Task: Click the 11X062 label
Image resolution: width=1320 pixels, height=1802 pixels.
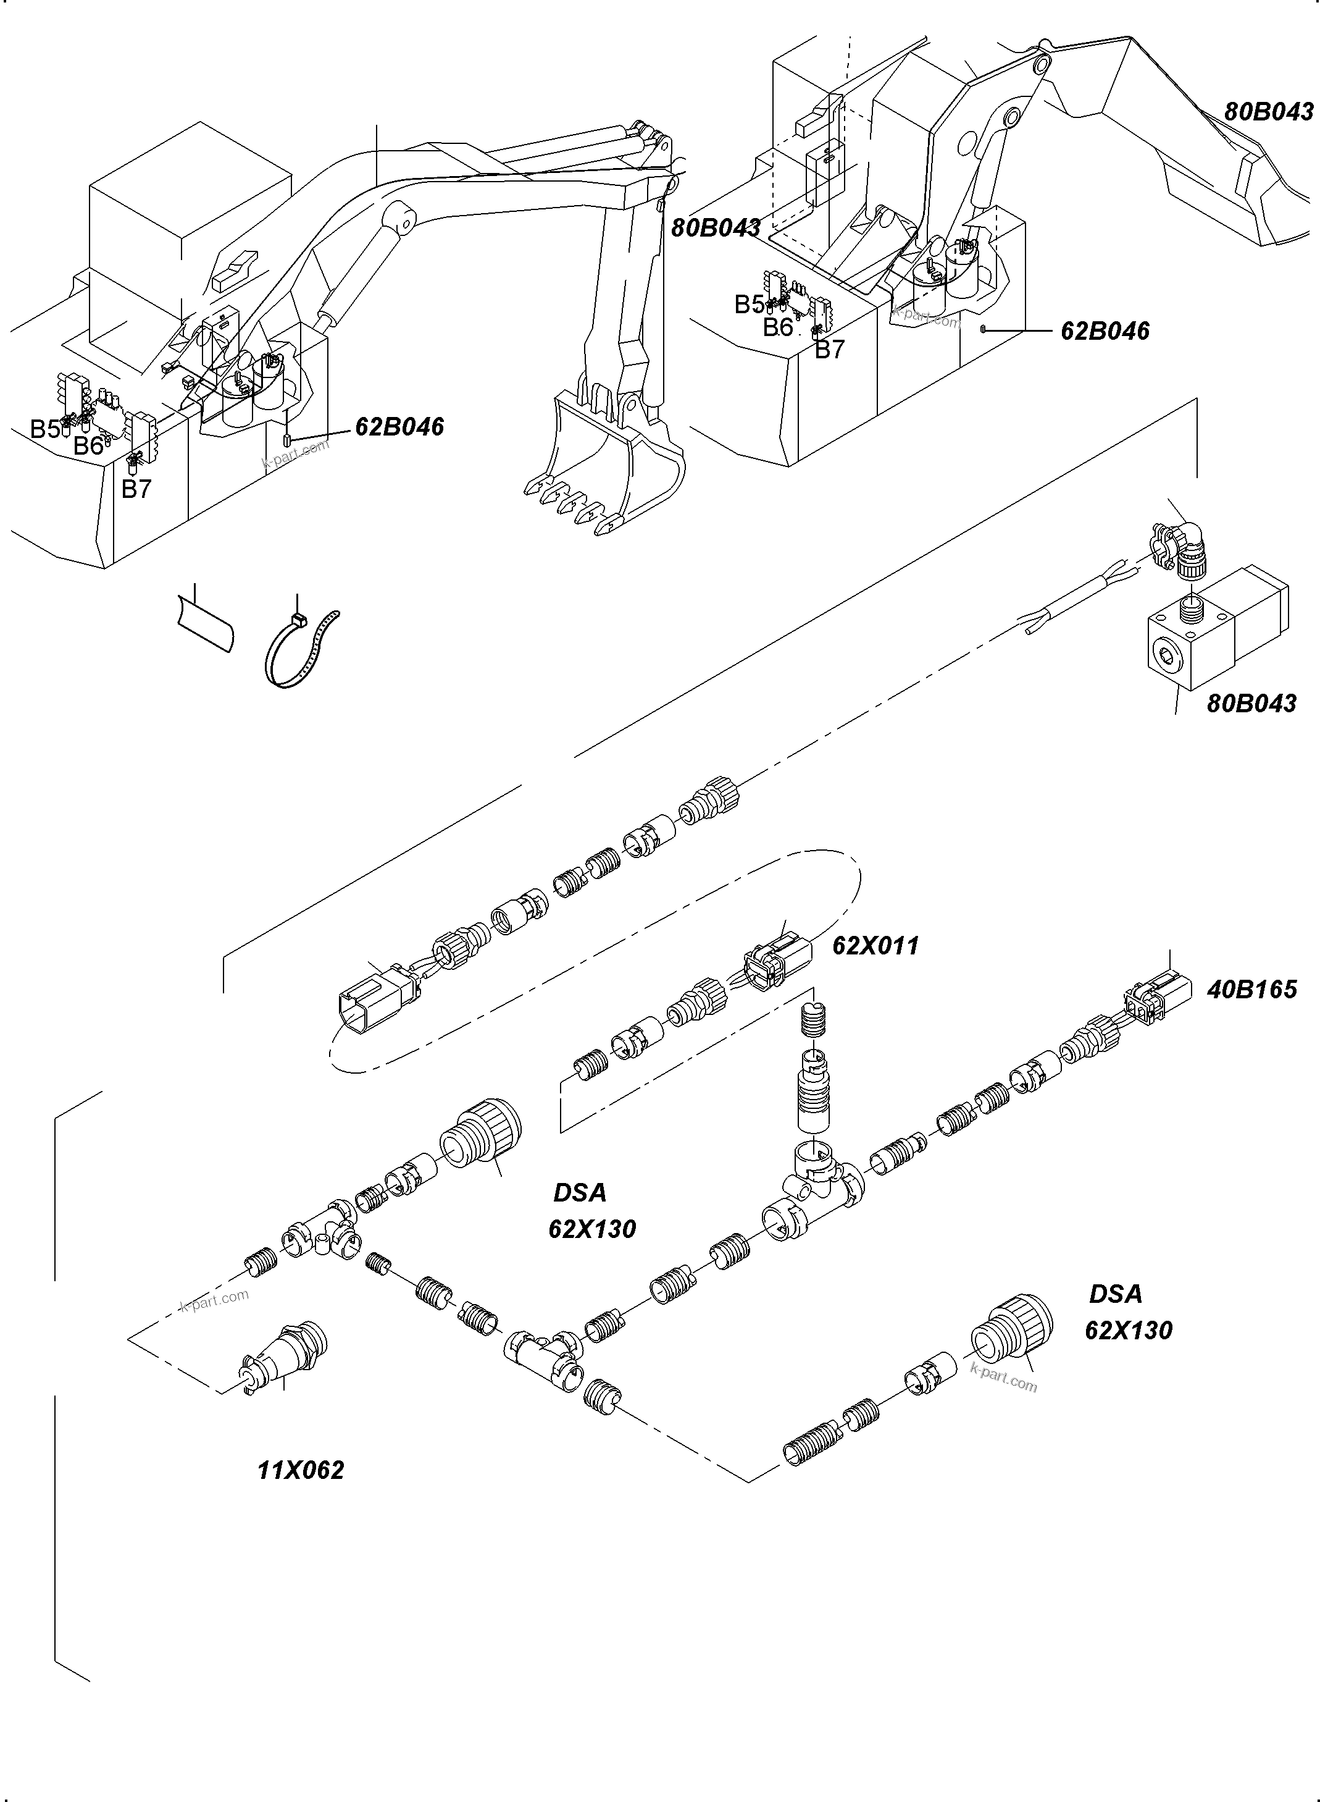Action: (x=301, y=1470)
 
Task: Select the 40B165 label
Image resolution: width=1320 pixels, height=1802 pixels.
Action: (x=1251, y=990)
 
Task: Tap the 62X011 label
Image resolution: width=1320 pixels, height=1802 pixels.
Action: (x=875, y=946)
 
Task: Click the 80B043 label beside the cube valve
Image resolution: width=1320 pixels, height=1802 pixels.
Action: (x=1250, y=704)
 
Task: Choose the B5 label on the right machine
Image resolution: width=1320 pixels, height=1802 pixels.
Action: (x=750, y=305)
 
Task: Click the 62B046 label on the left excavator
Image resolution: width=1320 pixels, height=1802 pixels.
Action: (x=399, y=427)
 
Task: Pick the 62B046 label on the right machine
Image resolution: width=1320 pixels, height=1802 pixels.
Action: (x=1105, y=331)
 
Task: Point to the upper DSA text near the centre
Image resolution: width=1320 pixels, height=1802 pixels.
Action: (x=579, y=1193)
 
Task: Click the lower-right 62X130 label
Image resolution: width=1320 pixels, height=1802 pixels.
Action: (x=1127, y=1330)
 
